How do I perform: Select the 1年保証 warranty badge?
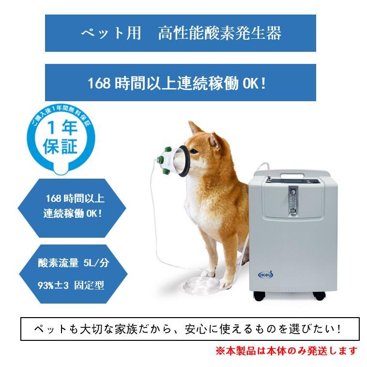point(60,140)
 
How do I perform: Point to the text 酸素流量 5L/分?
point(73,264)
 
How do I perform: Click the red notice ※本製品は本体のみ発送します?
point(286,350)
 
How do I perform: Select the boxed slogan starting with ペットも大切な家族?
point(190,329)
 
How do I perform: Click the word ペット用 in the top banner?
point(111,33)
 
